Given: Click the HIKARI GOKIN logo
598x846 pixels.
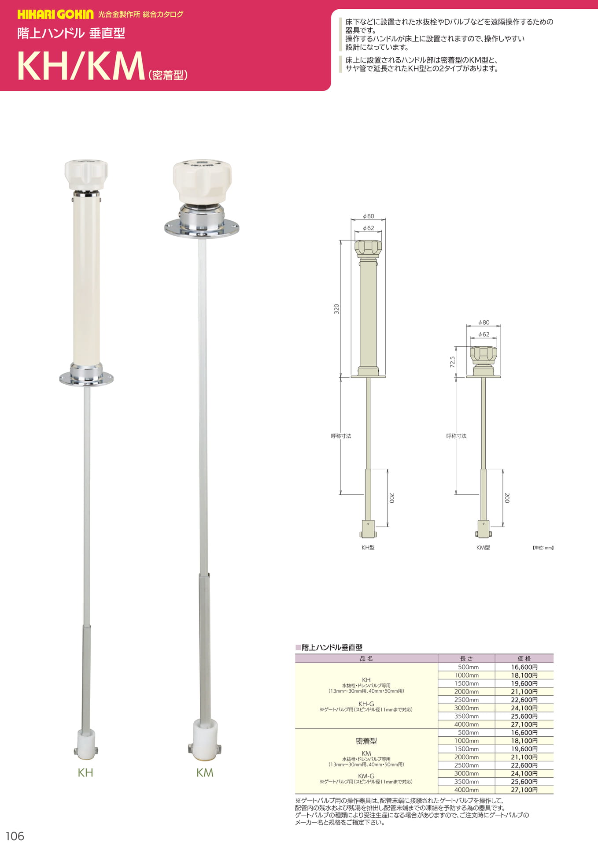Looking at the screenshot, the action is tap(55, 15).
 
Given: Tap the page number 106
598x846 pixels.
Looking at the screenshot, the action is tap(15, 836).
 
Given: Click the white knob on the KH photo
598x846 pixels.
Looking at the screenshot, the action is tap(86, 174).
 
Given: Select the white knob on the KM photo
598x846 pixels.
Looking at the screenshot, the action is tap(202, 182).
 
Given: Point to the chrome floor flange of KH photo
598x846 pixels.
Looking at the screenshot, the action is tap(86, 378).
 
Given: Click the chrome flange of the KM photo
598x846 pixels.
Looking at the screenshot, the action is tap(202, 228).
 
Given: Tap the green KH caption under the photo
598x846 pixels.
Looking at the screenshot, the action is tap(85, 772).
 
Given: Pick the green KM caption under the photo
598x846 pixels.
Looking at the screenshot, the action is tap(205, 772).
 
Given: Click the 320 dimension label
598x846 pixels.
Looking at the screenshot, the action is tap(336, 308).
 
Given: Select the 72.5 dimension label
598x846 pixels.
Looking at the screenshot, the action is tap(452, 362).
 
